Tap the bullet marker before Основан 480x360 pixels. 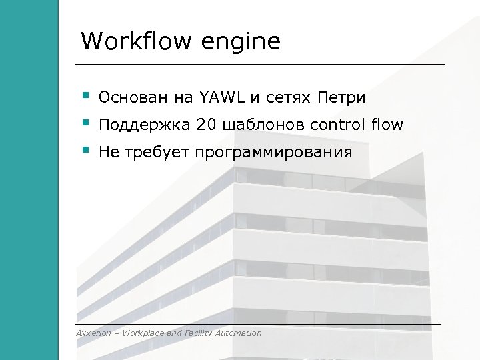pos(85,96)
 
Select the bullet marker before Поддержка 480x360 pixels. pos(85,123)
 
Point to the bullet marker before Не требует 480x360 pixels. pos(85,151)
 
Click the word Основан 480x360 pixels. pos(134,99)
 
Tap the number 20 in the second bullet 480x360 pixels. pos(207,125)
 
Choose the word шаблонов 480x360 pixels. pos(264,125)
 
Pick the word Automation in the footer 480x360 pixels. pos(239,333)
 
